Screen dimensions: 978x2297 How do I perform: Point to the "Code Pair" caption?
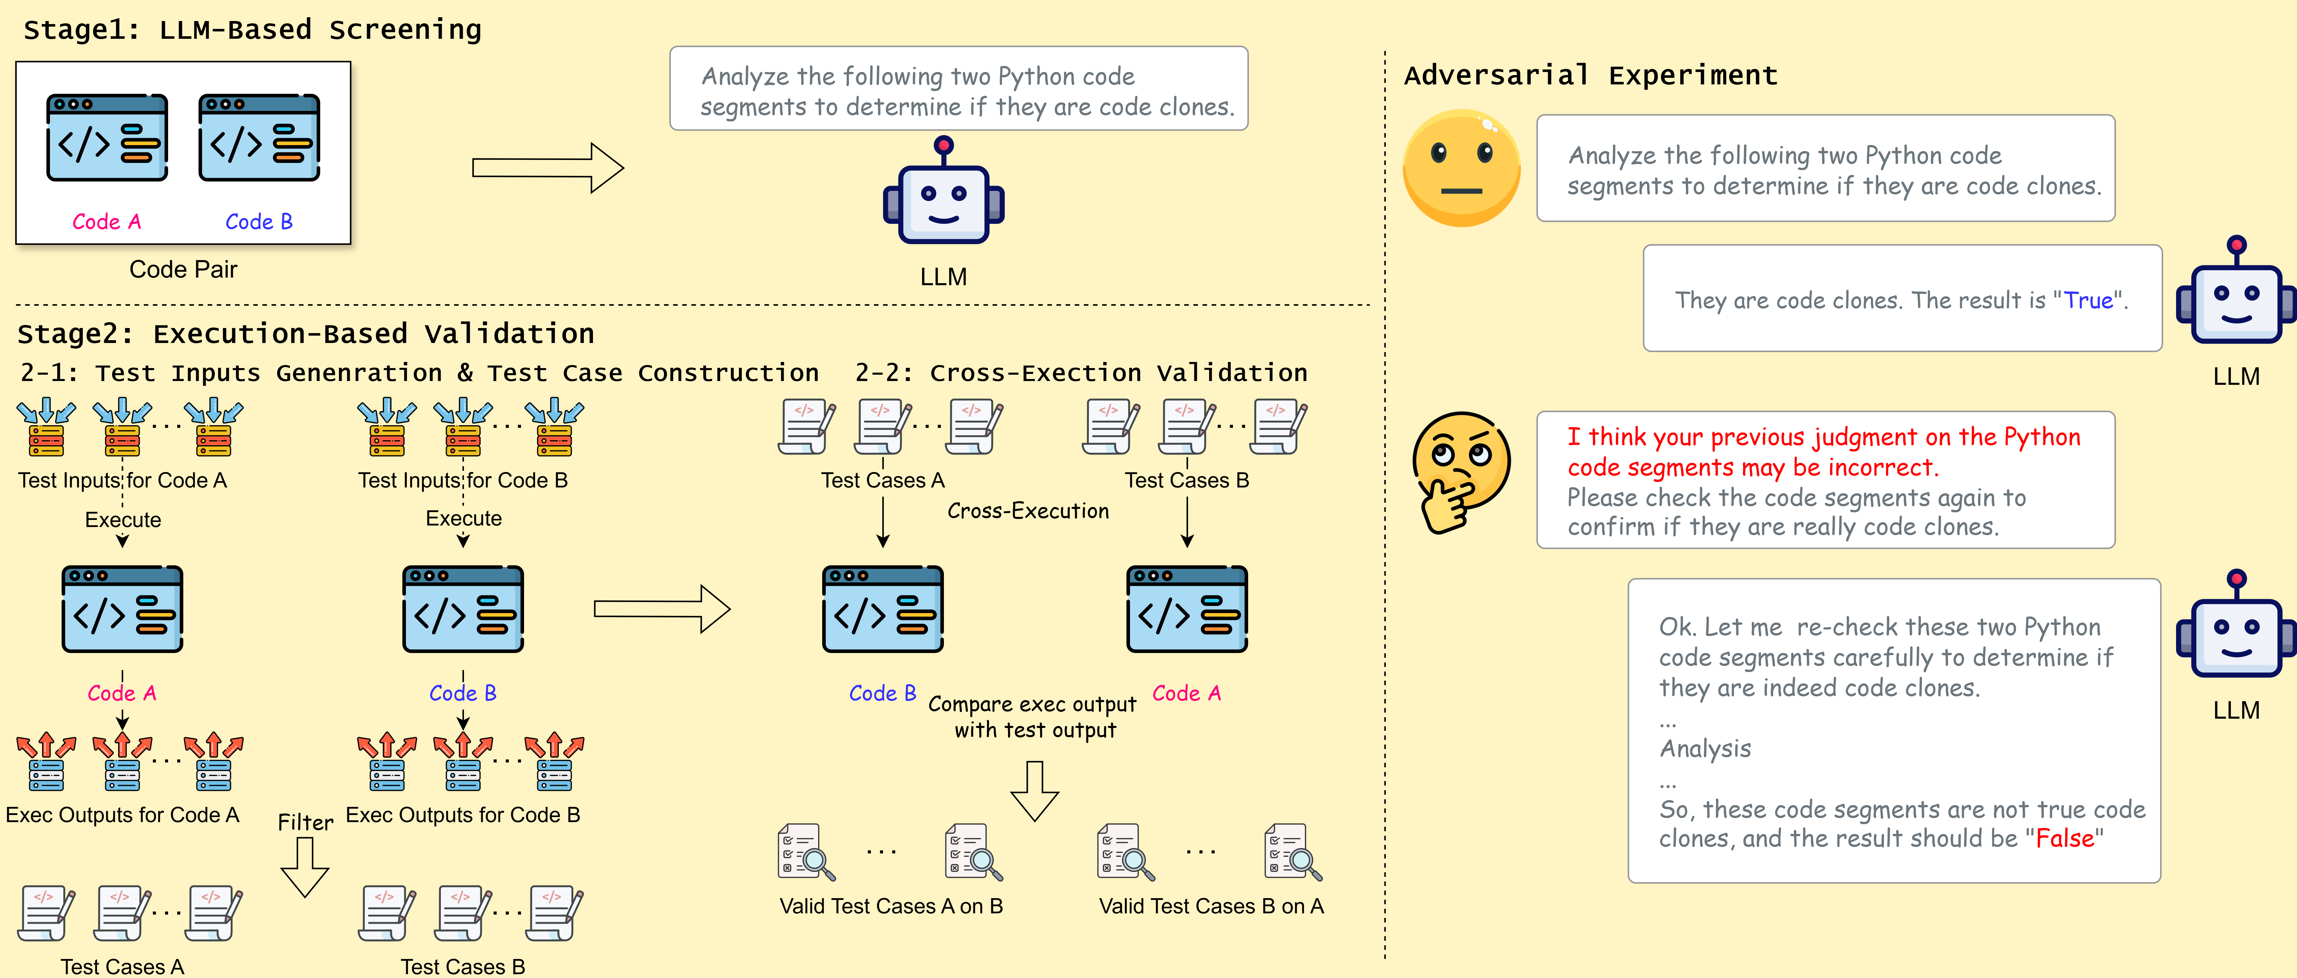click(183, 269)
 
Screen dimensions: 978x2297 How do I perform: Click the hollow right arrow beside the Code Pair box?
click(547, 168)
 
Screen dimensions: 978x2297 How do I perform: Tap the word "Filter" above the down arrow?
click(305, 822)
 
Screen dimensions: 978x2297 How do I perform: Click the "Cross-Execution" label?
click(1028, 511)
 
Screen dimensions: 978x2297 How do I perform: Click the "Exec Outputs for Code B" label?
click(463, 815)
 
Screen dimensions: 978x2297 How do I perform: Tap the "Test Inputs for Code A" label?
click(122, 481)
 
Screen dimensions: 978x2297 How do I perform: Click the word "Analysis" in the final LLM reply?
click(1705, 749)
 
